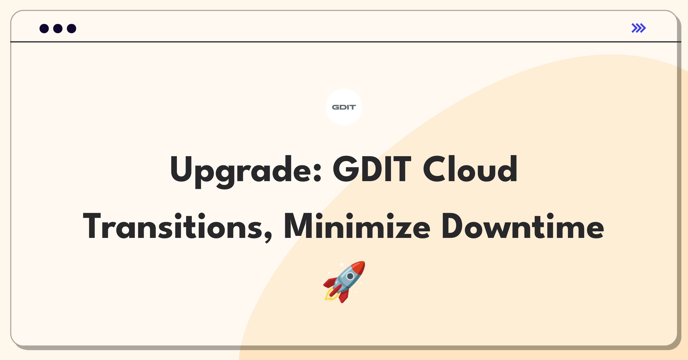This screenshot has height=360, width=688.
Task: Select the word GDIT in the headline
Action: click(372, 169)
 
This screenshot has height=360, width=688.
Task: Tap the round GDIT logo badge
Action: click(344, 107)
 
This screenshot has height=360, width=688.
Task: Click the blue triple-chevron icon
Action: click(639, 28)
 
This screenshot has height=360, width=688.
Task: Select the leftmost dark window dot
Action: click(44, 28)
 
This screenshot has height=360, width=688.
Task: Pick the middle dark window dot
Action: click(58, 28)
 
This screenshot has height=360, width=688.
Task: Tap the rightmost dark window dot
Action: click(72, 28)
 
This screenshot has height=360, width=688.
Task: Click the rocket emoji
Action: click(344, 282)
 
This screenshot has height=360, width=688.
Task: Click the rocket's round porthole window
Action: click(350, 276)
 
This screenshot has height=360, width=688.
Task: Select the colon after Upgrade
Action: click(317, 173)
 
